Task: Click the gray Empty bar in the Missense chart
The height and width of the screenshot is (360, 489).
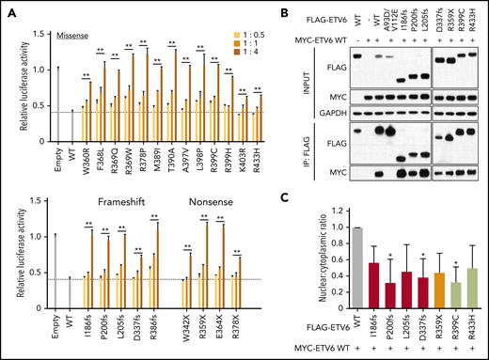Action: pos(57,102)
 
